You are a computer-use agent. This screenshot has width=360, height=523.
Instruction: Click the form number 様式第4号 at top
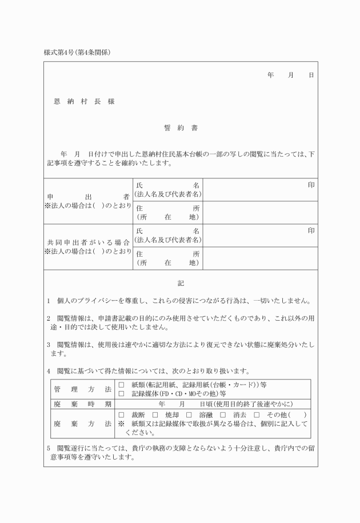[62, 53]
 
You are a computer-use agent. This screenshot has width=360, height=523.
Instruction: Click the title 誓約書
[180, 128]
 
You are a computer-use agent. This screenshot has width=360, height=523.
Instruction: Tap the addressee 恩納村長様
[84, 101]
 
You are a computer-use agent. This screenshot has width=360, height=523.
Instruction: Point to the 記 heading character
[181, 284]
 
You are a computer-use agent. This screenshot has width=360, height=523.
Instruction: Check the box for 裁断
[121, 414]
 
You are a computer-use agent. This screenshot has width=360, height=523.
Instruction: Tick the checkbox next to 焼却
[155, 414]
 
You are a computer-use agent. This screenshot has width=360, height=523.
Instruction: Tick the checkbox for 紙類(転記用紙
[121, 385]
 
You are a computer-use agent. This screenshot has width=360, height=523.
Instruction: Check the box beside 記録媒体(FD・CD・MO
[121, 393]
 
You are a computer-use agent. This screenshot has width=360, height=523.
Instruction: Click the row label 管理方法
[82, 389]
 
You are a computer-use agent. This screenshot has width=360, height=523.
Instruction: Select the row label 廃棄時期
[82, 404]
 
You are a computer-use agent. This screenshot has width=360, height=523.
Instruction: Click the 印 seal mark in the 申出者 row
[311, 185]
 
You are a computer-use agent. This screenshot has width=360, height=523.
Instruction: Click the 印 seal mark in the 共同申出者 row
[311, 230]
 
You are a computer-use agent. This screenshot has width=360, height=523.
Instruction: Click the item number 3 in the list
[49, 345]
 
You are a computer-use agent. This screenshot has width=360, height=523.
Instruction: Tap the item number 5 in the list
[49, 448]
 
